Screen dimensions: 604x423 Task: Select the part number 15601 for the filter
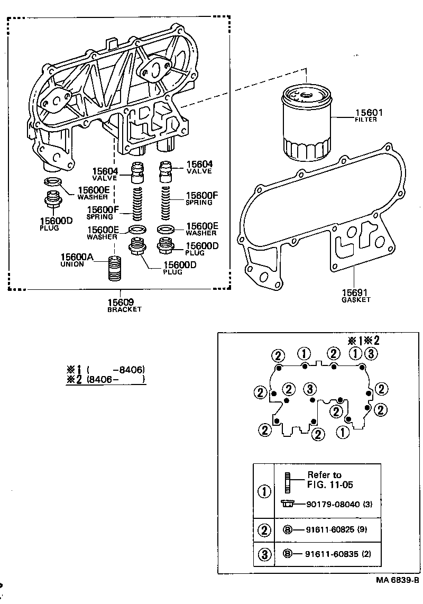(x=369, y=113)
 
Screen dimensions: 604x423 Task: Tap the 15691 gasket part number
(x=355, y=292)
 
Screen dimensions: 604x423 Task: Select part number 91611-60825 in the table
(x=329, y=529)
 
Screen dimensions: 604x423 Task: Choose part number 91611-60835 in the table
(x=329, y=554)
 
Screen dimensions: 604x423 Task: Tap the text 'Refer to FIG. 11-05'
(x=324, y=480)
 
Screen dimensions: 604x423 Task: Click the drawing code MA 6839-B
(x=397, y=580)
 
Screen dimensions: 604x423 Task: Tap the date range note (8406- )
(x=116, y=379)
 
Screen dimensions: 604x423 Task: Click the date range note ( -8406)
(x=116, y=370)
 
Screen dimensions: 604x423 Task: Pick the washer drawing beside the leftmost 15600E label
(x=52, y=183)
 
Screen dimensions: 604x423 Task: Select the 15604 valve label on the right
(x=200, y=164)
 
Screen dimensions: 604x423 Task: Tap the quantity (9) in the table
(x=362, y=529)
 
